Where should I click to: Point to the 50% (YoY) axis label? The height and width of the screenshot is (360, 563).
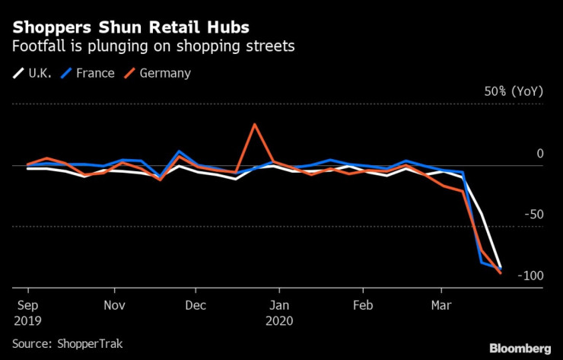tap(514, 91)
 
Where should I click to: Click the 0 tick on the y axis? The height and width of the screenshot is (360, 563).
tap(540, 154)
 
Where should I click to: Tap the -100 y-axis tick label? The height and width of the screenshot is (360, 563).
tap(530, 276)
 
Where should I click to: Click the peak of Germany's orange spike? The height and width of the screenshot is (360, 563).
tap(254, 124)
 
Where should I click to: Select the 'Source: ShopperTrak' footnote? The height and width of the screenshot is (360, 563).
tap(67, 343)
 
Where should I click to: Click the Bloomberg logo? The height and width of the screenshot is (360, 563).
tap(520, 348)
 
